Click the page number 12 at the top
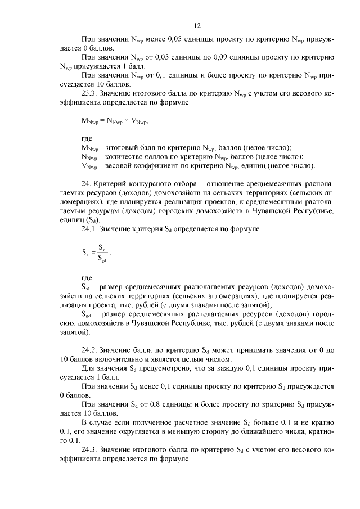(x=197, y=25)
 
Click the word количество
(x=127, y=156)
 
